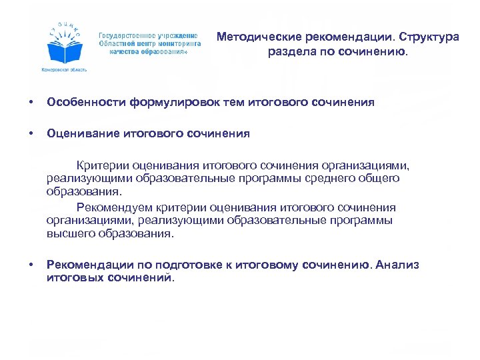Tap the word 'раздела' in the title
(288, 51)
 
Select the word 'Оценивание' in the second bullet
(83, 133)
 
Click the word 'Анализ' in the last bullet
(397, 265)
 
